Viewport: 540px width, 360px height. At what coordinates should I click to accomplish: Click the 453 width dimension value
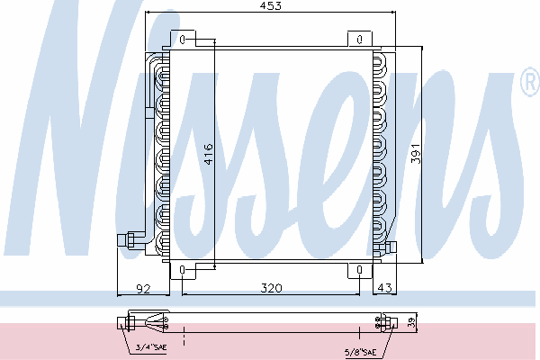coord(270,6)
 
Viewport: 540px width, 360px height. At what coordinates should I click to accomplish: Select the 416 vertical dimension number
coord(209,154)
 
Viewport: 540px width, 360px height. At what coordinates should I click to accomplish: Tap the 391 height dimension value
coord(416,154)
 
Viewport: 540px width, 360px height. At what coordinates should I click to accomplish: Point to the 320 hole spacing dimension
coord(271,288)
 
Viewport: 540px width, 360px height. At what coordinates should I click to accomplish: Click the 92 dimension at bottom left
coord(143,288)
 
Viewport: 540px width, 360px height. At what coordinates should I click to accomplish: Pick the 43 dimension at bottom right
coord(384,288)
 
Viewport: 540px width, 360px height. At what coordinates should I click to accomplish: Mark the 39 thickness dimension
coord(412,323)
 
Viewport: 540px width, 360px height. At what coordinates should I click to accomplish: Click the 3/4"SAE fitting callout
coord(151,346)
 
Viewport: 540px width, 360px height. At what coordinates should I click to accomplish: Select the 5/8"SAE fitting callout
coord(360,352)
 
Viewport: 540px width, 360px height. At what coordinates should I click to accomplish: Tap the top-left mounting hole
coord(182,40)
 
